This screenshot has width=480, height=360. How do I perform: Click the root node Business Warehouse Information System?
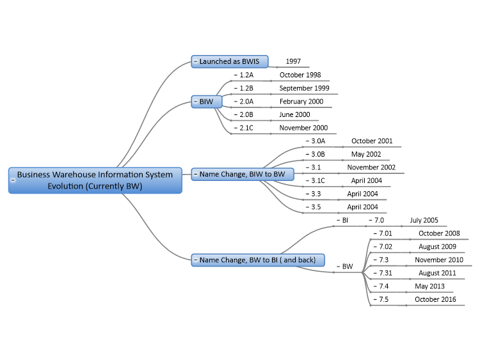point(95,180)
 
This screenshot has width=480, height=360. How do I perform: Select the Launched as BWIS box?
point(230,61)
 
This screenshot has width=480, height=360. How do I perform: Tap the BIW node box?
point(207,102)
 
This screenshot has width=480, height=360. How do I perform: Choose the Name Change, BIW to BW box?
point(243,174)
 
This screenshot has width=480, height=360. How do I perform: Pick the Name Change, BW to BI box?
point(258,260)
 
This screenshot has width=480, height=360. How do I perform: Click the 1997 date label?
point(293,61)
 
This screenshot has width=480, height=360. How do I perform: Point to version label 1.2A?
point(246,75)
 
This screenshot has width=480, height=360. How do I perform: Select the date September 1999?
point(304,88)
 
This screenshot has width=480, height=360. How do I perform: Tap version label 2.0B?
point(246,114)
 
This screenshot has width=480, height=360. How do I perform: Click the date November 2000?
point(303,128)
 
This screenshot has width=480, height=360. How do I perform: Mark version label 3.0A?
point(318,141)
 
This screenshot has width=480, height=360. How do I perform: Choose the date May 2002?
point(366,154)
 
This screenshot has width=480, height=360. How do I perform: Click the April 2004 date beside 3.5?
point(362,207)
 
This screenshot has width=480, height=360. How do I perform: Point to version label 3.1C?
point(318,181)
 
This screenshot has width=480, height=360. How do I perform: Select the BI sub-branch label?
point(345,220)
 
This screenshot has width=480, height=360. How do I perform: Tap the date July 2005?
point(424,220)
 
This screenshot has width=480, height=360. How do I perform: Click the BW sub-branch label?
point(348,267)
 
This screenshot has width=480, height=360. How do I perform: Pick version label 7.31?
point(385,273)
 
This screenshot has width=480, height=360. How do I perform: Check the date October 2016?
point(435,299)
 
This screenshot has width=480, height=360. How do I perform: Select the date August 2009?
point(438,247)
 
